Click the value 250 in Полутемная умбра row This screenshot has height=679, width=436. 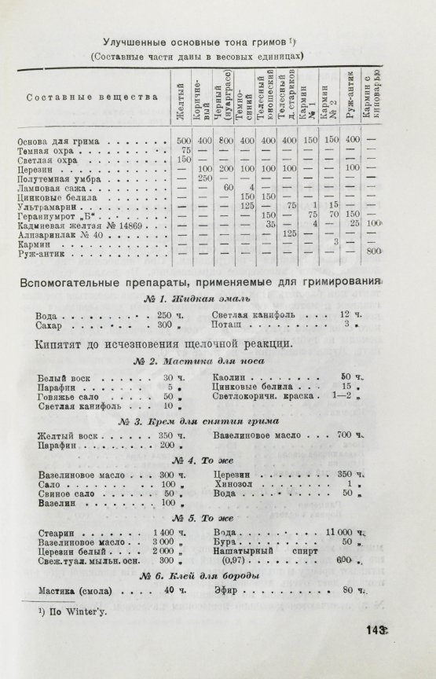[x=207, y=178]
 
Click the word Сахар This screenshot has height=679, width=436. [x=52, y=325]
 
